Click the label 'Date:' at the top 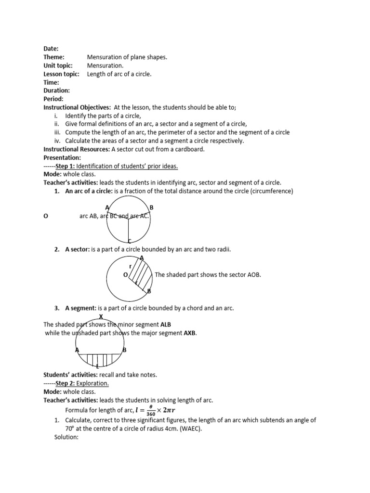click(51, 49)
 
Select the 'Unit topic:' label click(58, 65)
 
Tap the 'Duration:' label click(57, 91)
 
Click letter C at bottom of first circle click(130, 241)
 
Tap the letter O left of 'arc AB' click(46, 217)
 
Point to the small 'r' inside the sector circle click(130, 266)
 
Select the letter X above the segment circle click(101, 316)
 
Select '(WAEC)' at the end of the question click(188, 428)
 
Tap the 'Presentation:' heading click(62, 157)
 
